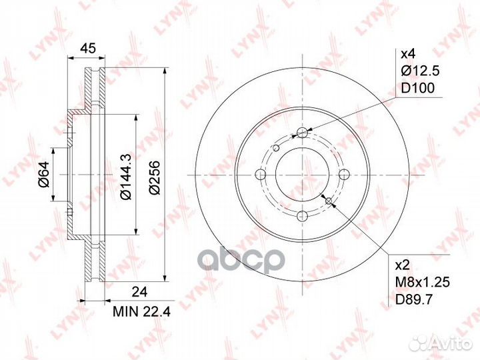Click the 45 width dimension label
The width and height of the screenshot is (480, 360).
[x=87, y=48]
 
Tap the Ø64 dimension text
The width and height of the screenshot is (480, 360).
[x=44, y=174]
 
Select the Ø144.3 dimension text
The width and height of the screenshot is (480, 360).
[x=126, y=177]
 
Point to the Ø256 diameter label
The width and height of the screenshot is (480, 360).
[x=155, y=177]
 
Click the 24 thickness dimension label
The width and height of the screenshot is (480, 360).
[x=139, y=292]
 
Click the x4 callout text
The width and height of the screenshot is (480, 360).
[x=408, y=55]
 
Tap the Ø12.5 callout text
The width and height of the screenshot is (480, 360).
[x=420, y=71]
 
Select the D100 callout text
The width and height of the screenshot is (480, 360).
[x=417, y=88]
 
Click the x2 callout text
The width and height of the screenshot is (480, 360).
[x=403, y=265]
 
